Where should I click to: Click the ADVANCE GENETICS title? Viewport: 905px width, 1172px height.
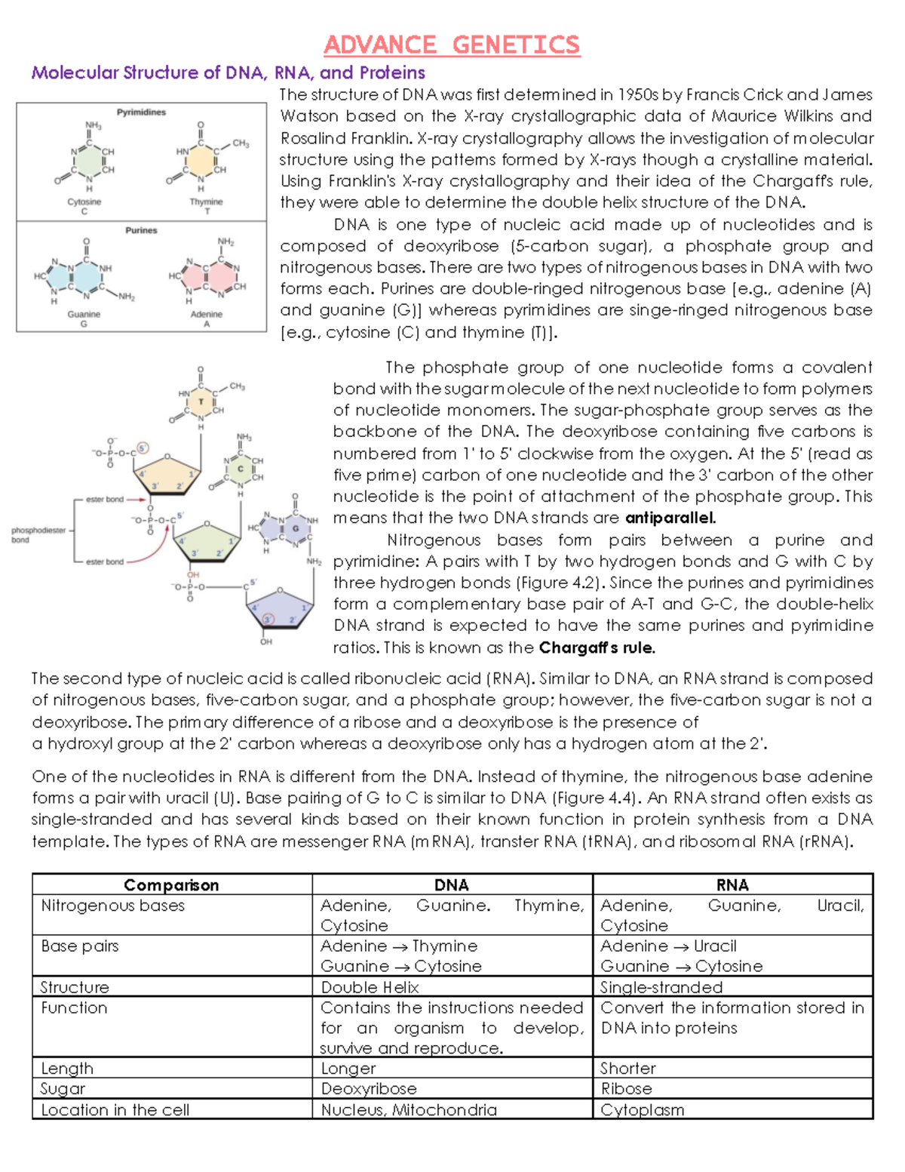pos(452,45)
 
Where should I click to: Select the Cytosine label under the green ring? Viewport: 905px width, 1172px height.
pos(84,202)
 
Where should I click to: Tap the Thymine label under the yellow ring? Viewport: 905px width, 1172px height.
pos(206,202)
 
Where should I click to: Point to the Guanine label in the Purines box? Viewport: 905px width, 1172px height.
pos(84,314)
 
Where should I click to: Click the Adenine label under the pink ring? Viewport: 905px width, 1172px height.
pos(206,314)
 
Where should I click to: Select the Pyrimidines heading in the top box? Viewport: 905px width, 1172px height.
pos(141,112)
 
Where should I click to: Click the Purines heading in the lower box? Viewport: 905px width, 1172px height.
pos(141,230)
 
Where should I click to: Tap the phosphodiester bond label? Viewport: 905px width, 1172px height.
pos(38,534)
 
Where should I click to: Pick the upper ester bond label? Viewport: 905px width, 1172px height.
pos(104,499)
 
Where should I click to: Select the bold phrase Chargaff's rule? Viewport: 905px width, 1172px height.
pos(597,648)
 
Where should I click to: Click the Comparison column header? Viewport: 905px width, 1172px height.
pos(171,884)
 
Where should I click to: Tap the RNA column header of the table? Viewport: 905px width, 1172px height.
pos(732,884)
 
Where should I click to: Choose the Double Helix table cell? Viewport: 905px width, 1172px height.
pos(370,987)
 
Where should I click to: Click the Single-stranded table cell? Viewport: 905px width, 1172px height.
pos(661,987)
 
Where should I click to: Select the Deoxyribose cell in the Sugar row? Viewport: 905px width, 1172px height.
pos(369,1088)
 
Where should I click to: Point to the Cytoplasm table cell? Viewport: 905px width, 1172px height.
pos(642,1109)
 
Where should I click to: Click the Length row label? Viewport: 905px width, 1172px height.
pos(67,1068)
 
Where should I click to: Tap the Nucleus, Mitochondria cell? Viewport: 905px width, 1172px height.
pos(409,1109)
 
